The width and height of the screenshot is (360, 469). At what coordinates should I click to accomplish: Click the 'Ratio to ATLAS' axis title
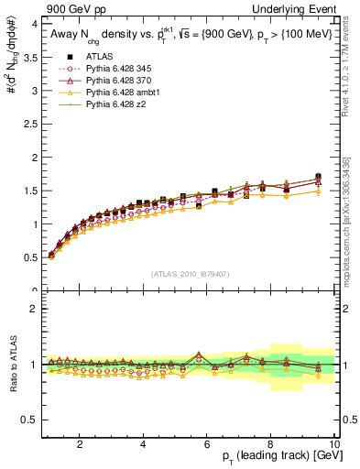tap(12, 364)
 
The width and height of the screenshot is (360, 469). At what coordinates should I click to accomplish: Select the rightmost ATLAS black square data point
tap(318, 176)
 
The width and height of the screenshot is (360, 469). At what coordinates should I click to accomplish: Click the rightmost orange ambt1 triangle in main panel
tap(318, 191)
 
